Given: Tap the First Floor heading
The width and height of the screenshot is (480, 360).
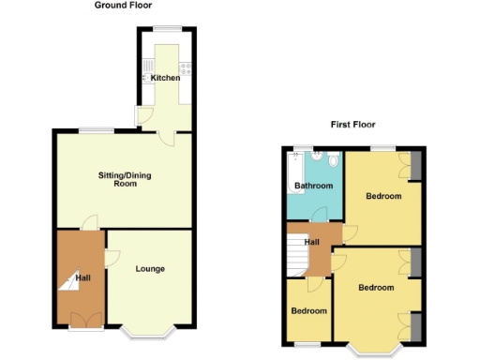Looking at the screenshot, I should point(352,125).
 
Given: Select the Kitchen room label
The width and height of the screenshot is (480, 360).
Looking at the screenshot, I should point(165,77).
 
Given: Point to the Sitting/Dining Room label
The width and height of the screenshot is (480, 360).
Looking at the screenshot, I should point(125,179).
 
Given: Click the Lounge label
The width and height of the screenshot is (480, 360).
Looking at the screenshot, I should point(150,269).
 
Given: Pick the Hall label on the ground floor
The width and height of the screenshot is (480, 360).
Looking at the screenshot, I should point(82,278).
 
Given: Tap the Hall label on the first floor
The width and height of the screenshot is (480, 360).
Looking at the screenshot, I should point(312,242).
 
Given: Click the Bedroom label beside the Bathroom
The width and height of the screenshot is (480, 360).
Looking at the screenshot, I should point(383,197).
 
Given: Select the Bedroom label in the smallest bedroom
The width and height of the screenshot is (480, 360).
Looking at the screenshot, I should point(308,310).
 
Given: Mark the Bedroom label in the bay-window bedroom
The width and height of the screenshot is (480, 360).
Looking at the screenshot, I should point(376,287).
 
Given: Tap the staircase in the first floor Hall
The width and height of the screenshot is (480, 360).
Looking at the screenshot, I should point(297,254).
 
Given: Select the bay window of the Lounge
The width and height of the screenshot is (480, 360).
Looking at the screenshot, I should point(146,332).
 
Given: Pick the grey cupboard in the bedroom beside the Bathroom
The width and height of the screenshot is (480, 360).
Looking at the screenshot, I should point(413,164).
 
